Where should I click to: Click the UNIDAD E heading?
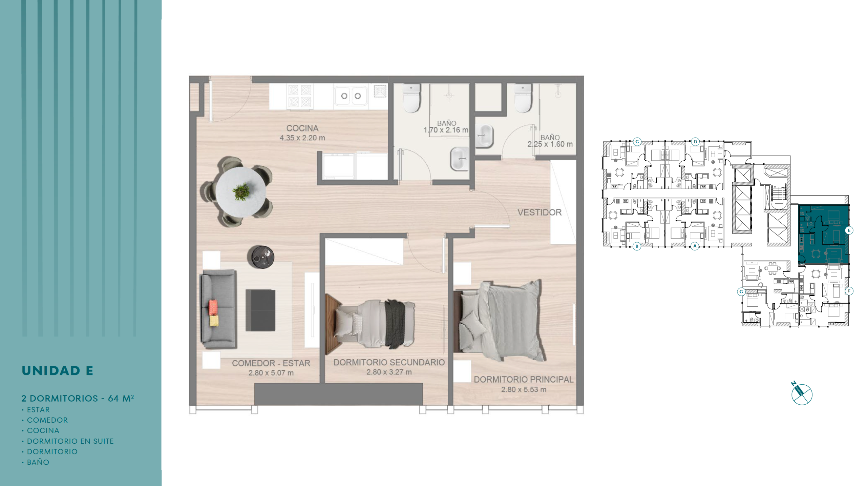pyautogui.click(x=57, y=371)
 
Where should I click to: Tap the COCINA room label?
pyautogui.click(x=302, y=128)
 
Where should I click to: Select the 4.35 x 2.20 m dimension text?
pyautogui.click(x=302, y=138)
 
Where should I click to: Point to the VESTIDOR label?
pyautogui.click(x=540, y=212)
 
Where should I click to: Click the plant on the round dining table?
pyautogui.click(x=241, y=192)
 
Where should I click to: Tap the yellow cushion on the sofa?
pyautogui.click(x=214, y=321)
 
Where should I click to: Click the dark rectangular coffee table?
pyautogui.click(x=260, y=310)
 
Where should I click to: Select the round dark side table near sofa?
pyautogui.click(x=260, y=257)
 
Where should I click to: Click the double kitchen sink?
pyautogui.click(x=351, y=96)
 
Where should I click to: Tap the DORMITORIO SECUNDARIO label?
pyautogui.click(x=389, y=363)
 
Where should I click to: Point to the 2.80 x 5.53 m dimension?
pyautogui.click(x=524, y=390)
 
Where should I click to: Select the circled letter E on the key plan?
pyautogui.click(x=849, y=230)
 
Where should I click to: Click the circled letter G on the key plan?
pyautogui.click(x=741, y=291)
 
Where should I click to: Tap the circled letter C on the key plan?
pyautogui.click(x=637, y=142)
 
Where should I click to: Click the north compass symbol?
pyautogui.click(x=802, y=394)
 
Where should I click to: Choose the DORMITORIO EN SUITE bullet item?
pyautogui.click(x=68, y=441)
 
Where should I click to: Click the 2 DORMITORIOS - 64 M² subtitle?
pyautogui.click(x=78, y=398)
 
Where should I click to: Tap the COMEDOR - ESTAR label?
pyautogui.click(x=271, y=363)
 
